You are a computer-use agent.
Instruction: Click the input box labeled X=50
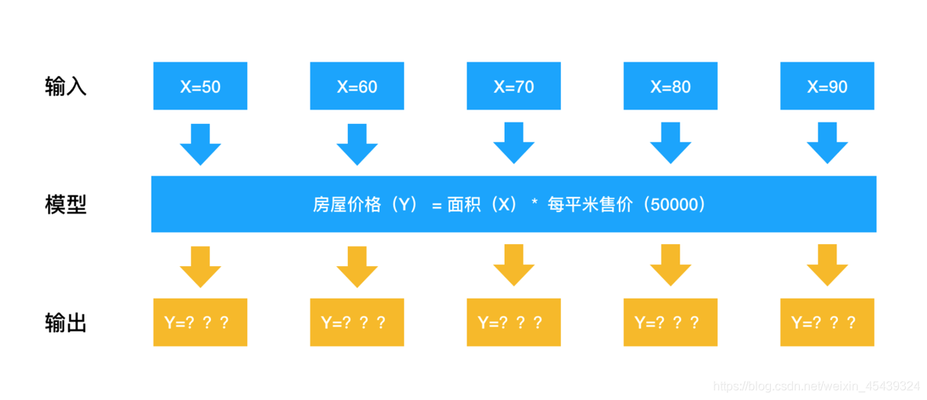200,87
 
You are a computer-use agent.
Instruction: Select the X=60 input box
357,87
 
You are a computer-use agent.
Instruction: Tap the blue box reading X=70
514,87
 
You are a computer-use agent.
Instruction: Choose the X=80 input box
671,87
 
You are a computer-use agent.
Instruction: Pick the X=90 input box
827,87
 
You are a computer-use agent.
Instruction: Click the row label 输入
65,87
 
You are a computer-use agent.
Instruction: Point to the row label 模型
65,205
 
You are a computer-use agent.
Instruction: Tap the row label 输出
65,323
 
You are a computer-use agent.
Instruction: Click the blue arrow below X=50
200,144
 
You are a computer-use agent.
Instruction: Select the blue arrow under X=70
514,144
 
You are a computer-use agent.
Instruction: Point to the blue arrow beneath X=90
827,144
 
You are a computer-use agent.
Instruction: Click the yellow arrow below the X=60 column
357,266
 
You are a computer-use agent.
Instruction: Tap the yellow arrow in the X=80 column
671,266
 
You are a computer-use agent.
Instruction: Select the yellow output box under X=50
200,322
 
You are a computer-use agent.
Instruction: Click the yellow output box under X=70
514,322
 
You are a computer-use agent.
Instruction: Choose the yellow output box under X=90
827,322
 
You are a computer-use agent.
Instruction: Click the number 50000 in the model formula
675,205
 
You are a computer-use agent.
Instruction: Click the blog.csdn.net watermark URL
817,386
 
